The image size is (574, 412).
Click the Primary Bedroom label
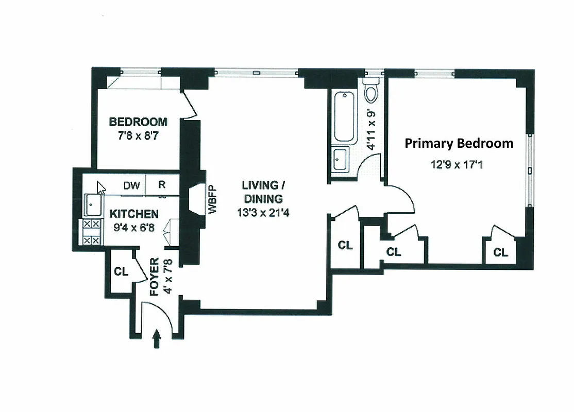point(459,143)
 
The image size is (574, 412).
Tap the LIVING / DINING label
point(263,192)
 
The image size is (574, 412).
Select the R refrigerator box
point(162,186)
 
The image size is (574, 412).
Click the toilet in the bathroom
point(370,92)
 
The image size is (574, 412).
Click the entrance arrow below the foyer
point(157,340)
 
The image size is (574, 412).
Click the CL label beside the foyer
point(121,272)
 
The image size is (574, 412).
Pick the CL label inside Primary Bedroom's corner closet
point(500,252)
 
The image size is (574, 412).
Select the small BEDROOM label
point(138,122)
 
